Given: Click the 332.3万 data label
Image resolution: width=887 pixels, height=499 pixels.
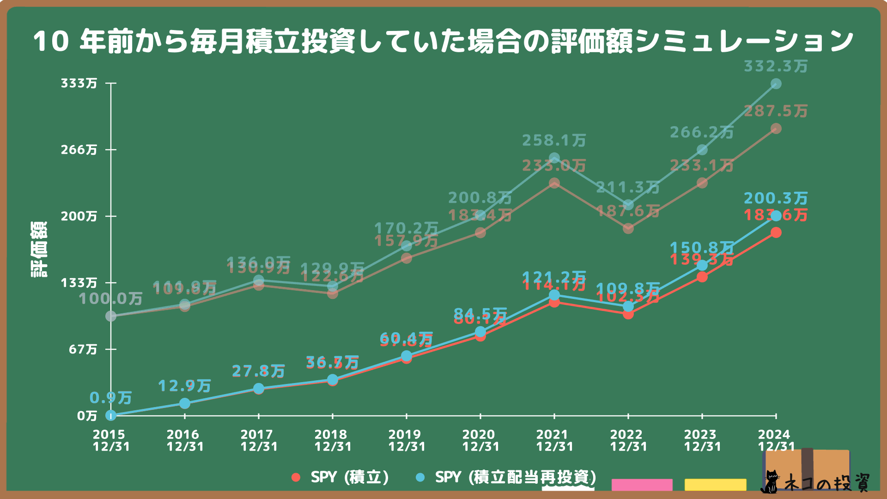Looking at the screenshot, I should tap(776, 67).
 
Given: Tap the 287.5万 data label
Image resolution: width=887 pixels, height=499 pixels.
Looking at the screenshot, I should tap(776, 111).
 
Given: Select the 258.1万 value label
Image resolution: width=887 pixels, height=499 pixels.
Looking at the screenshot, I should tap(554, 140).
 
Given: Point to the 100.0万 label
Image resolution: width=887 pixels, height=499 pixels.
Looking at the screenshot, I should tap(110, 299).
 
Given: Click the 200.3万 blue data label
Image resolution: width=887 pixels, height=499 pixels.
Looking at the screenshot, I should tap(776, 199).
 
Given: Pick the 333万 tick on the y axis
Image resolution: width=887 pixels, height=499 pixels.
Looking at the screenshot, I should tap(79, 83).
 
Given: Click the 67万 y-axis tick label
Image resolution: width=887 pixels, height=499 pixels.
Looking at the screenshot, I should tap(83, 349).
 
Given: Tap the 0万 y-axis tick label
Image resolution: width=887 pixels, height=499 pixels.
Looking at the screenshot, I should tap(87, 416).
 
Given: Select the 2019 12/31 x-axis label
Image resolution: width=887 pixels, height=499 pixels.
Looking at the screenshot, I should tap(407, 440).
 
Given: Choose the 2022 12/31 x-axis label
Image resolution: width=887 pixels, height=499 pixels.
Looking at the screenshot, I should tap(628, 440).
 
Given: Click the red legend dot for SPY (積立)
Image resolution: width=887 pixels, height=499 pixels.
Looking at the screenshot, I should tap(296, 477).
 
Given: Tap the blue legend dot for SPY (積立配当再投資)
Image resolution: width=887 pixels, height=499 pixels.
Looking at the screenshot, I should tap(420, 477).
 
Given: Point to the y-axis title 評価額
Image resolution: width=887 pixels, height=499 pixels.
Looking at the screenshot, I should tap(39, 249).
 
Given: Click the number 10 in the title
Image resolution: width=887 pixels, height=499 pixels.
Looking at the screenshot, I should tap(51, 42).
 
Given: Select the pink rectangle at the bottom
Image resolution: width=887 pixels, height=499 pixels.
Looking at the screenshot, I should tap(642, 485).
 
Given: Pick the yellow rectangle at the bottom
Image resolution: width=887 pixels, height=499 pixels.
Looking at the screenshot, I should tap(715, 485).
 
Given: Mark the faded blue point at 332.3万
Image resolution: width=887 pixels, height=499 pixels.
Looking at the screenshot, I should tap(776, 84).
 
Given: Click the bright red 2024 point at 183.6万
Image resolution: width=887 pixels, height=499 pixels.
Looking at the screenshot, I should tap(776, 232).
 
